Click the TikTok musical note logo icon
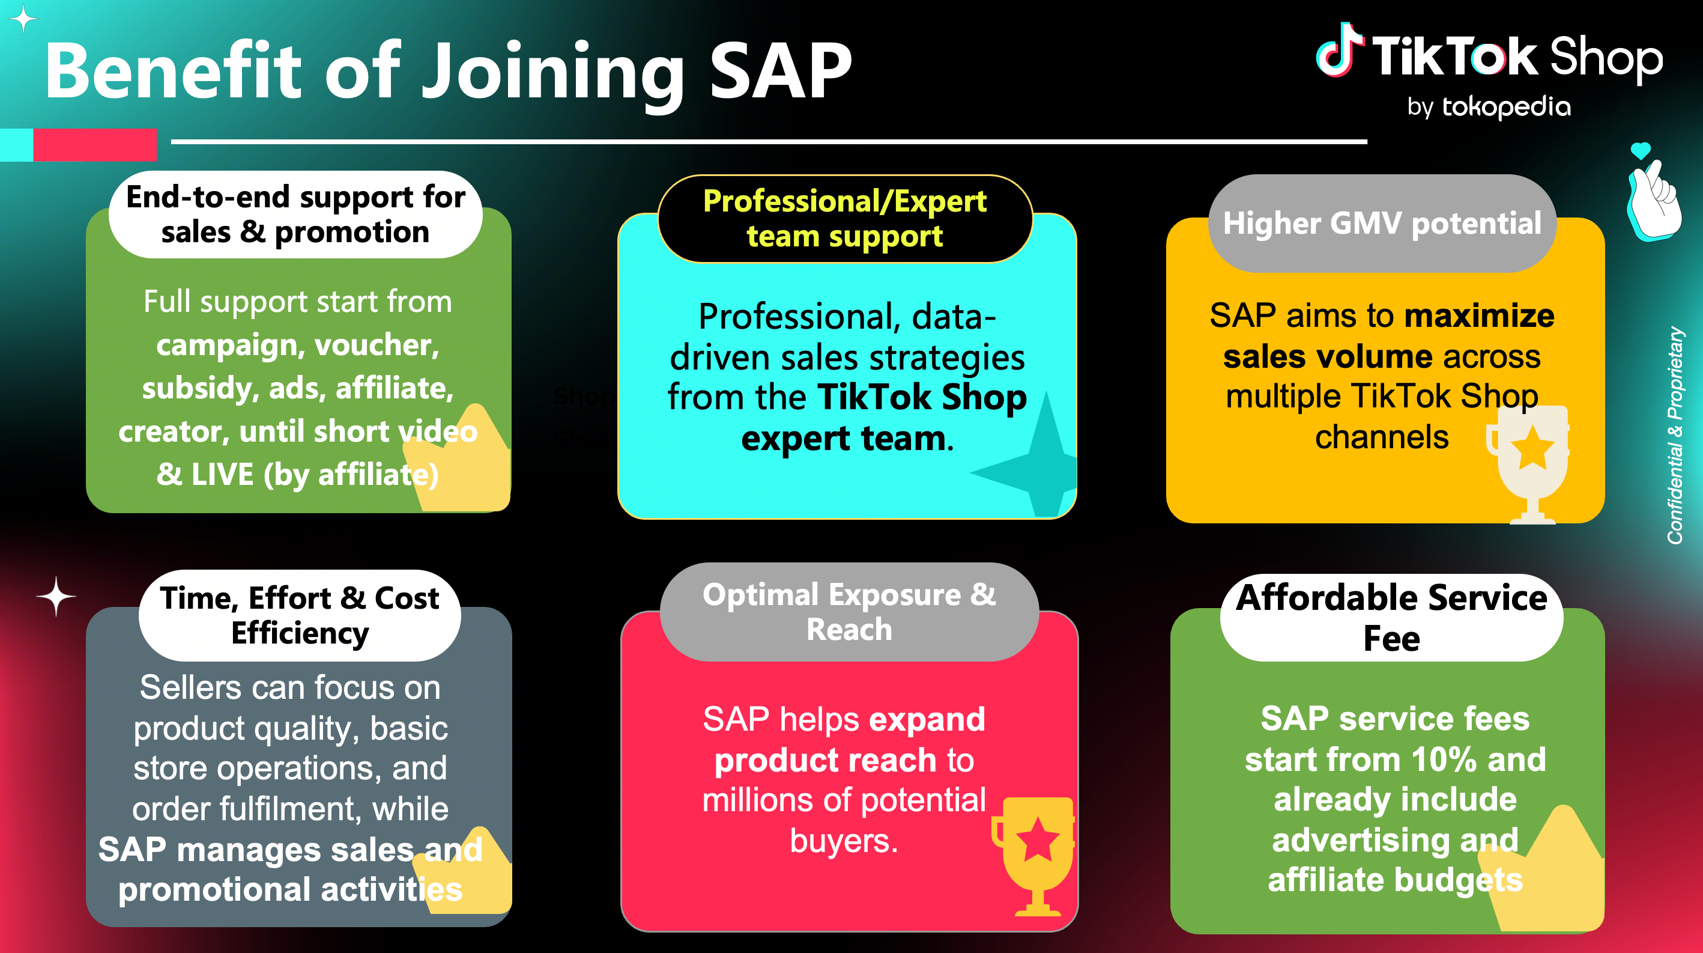pyautogui.click(x=1339, y=51)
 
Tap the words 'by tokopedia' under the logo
pyautogui.click(x=1489, y=106)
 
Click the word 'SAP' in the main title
pyautogui.click(x=781, y=71)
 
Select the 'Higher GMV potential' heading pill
pyautogui.click(x=1382, y=224)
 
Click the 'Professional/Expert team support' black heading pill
pyautogui.click(x=845, y=219)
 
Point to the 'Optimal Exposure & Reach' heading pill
pyautogui.click(x=850, y=612)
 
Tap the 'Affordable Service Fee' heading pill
pyautogui.click(x=1391, y=617)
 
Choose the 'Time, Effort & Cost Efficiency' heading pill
pyautogui.click(x=300, y=615)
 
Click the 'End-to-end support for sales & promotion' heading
pyautogui.click(x=295, y=215)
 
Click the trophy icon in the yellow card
pyautogui.click(x=1529, y=463)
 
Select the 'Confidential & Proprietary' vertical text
pyautogui.click(x=1675, y=435)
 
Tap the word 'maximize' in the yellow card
pyautogui.click(x=1480, y=315)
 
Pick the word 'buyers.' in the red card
pyautogui.click(x=844, y=841)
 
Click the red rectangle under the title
pyautogui.click(x=95, y=144)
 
